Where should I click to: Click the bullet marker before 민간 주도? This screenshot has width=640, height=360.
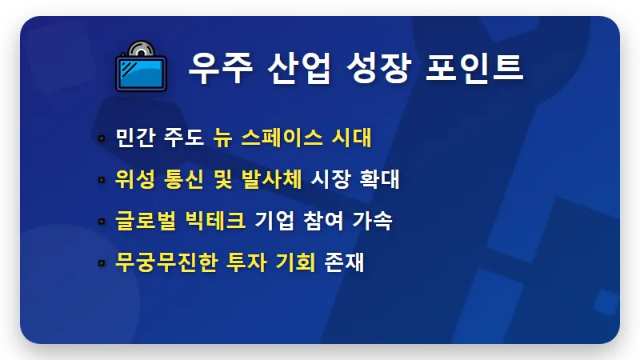[101, 138]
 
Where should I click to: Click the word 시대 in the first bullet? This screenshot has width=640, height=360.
[353, 138]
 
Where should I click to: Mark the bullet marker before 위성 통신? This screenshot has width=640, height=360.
[101, 180]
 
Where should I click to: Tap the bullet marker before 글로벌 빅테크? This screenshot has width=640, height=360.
[101, 222]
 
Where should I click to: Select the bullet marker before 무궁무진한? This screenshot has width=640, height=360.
[101, 263]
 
